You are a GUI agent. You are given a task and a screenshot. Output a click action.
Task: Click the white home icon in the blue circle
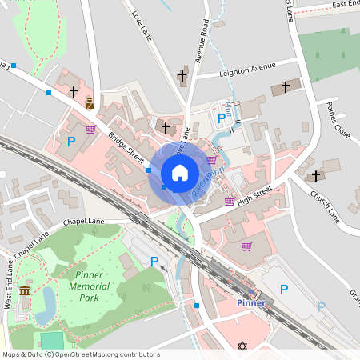coord(179,172)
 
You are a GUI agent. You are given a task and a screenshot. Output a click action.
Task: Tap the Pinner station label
coord(250,303)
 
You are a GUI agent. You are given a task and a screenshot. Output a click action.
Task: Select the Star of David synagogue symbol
coord(241,346)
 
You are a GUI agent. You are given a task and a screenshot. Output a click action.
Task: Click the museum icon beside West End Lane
coord(25,290)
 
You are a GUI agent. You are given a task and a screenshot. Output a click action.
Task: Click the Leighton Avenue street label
coord(247,70)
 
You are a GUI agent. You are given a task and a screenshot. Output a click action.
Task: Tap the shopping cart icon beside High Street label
coord(230,201)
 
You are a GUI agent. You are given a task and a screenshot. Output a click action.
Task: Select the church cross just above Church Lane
coord(315,175)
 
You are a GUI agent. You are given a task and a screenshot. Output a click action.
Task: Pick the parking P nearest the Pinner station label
coord(283,290)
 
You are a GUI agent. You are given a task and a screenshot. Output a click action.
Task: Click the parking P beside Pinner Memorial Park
coord(154,261)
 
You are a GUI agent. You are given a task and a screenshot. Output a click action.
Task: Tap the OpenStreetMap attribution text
coord(80,354)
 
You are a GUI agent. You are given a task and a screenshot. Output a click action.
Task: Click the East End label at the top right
coord(346,4)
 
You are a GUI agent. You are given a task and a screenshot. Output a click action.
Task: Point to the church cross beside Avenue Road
coord(182,77)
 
